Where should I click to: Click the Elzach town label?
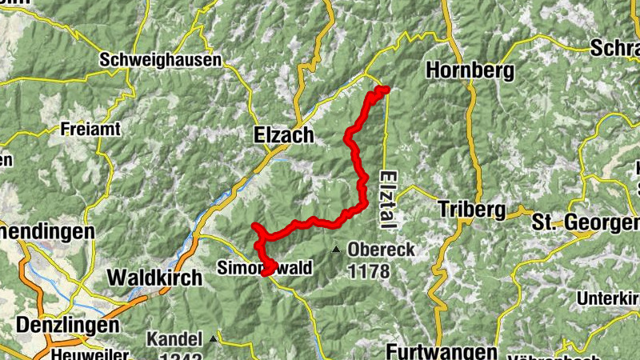pyautogui.click(x=284, y=135)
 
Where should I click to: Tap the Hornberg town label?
pyautogui.click(x=470, y=70)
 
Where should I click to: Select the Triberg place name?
pyautogui.click(x=472, y=210)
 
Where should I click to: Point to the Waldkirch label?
pyautogui.click(x=150, y=278)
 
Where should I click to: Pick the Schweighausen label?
pyautogui.click(x=149, y=59)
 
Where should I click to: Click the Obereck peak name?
pyautogui.click(x=382, y=250)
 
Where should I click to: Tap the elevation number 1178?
pyautogui.click(x=369, y=271)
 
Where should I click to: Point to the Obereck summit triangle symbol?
pyautogui.click(x=338, y=249)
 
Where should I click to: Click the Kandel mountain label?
pyautogui.click(x=174, y=339)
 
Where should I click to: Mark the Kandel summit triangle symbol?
pyautogui.click(x=213, y=339)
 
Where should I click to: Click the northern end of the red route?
pyautogui.click(x=385, y=89)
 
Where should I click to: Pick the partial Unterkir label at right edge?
pyautogui.click(x=609, y=298)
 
